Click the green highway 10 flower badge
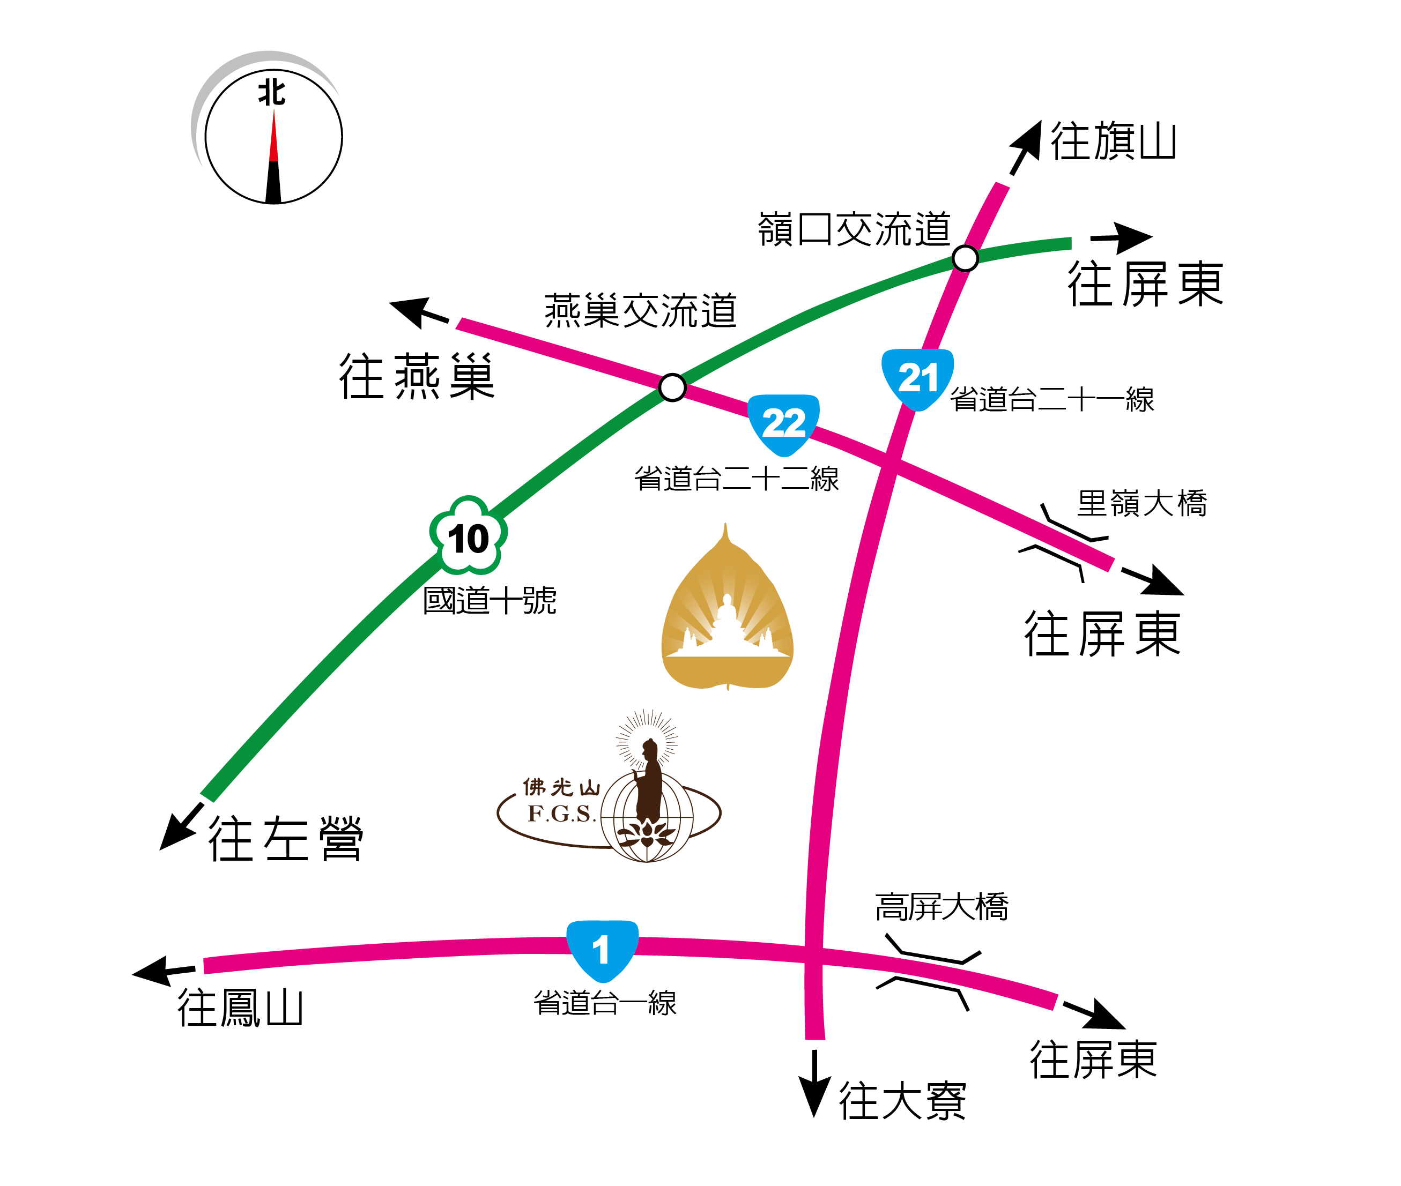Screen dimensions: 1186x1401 click(x=468, y=536)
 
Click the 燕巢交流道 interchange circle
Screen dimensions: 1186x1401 click(x=672, y=387)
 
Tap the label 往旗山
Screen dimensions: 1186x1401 click(x=1113, y=142)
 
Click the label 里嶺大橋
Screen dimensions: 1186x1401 click(x=1141, y=503)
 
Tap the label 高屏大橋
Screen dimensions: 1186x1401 click(x=941, y=907)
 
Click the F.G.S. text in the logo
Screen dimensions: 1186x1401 click(x=561, y=814)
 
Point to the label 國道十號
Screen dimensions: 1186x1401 click(x=489, y=600)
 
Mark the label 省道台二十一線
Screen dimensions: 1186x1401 click(x=1051, y=399)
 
